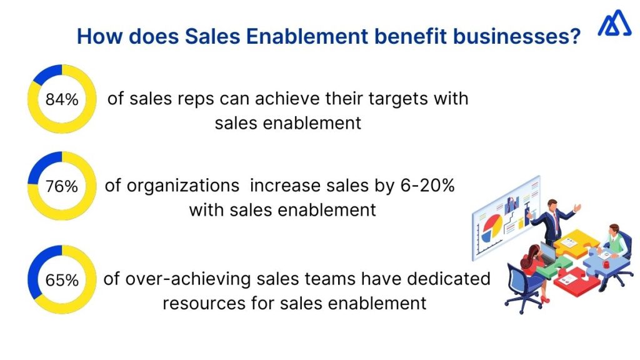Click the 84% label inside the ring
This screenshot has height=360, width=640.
[62, 99]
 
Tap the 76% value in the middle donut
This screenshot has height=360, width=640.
[62, 186]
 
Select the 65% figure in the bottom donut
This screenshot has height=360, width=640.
[62, 280]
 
